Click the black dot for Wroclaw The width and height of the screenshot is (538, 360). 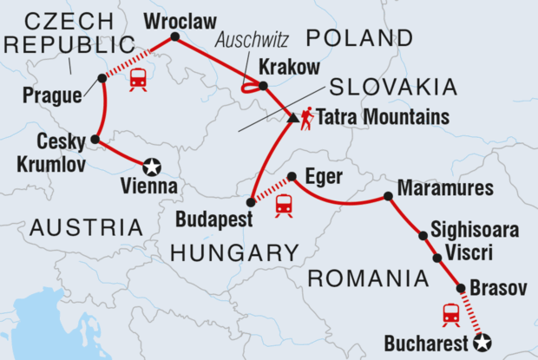click(174, 36)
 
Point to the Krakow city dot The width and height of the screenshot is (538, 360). click(264, 85)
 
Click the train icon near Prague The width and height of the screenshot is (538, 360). click(137, 80)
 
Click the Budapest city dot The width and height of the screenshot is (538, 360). click(251, 202)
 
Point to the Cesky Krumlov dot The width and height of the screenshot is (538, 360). click(95, 139)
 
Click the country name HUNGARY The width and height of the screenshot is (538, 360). click(223, 252)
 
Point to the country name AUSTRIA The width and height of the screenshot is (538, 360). click(86, 228)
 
